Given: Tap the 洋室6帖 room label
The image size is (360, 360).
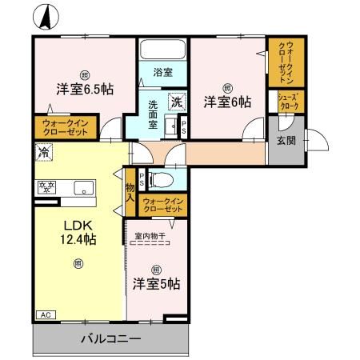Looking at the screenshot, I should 226,102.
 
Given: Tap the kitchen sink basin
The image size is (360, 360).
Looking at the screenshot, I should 82,189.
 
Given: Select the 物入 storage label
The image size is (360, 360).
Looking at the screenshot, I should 130,191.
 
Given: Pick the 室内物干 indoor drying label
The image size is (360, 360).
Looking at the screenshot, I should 151,236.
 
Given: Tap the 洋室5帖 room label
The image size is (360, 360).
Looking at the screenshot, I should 156,284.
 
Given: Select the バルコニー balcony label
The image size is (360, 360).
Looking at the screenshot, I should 111,339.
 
